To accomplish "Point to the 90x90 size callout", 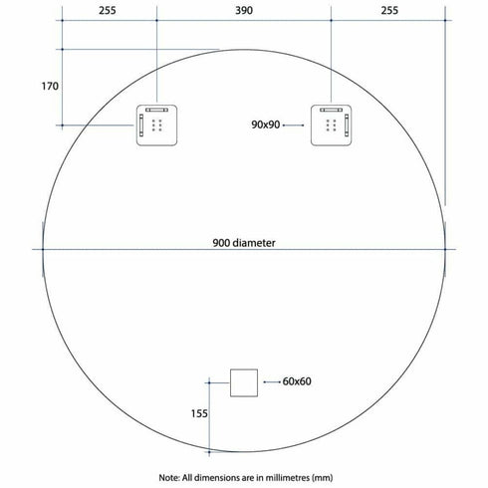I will pos(266,125).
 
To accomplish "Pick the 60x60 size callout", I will pos(298,381).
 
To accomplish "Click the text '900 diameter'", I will pos(243,242).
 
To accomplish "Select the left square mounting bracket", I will pos(156,125).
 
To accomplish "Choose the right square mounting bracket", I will pos(331,125).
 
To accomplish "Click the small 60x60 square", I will pos(243,381).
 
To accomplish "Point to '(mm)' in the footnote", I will pos(325,476).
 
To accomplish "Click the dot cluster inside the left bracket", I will pos(157,126).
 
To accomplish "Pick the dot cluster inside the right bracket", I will pos(330,126).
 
